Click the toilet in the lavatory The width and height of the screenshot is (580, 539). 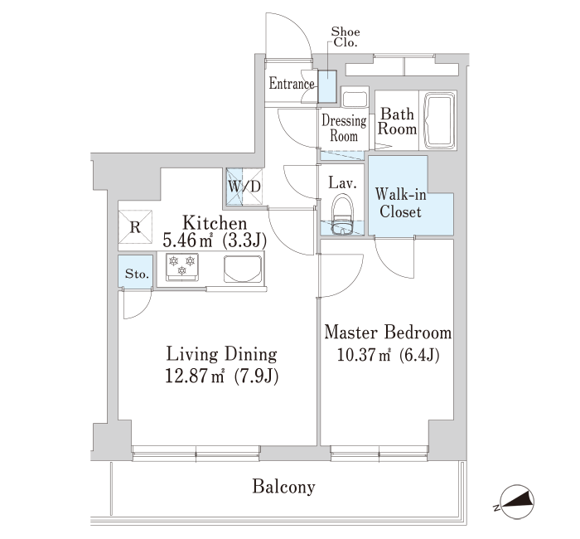click(343, 216)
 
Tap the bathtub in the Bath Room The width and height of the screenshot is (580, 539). click(440, 120)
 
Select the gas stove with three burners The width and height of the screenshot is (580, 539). click(181, 266)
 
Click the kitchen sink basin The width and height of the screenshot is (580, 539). click(242, 269)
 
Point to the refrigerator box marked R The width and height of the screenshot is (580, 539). click(135, 227)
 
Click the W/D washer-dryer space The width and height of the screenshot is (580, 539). click(244, 187)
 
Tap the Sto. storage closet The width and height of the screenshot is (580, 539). click(135, 271)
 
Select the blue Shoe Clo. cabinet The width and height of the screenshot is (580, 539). click(327, 86)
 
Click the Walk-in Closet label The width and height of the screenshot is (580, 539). click(400, 203)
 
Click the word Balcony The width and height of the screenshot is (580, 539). click(283, 487)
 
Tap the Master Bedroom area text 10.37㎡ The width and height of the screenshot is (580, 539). click(364, 355)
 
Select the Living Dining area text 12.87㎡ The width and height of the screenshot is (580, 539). click(195, 376)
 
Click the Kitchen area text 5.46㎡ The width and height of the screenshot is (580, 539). click(187, 240)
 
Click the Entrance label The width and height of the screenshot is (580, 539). click(292, 83)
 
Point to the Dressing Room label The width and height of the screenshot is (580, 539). click(344, 128)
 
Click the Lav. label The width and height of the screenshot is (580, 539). click(343, 183)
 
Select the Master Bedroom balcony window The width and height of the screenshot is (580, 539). click(379, 453)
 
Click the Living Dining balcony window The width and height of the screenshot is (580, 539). click(196, 453)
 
